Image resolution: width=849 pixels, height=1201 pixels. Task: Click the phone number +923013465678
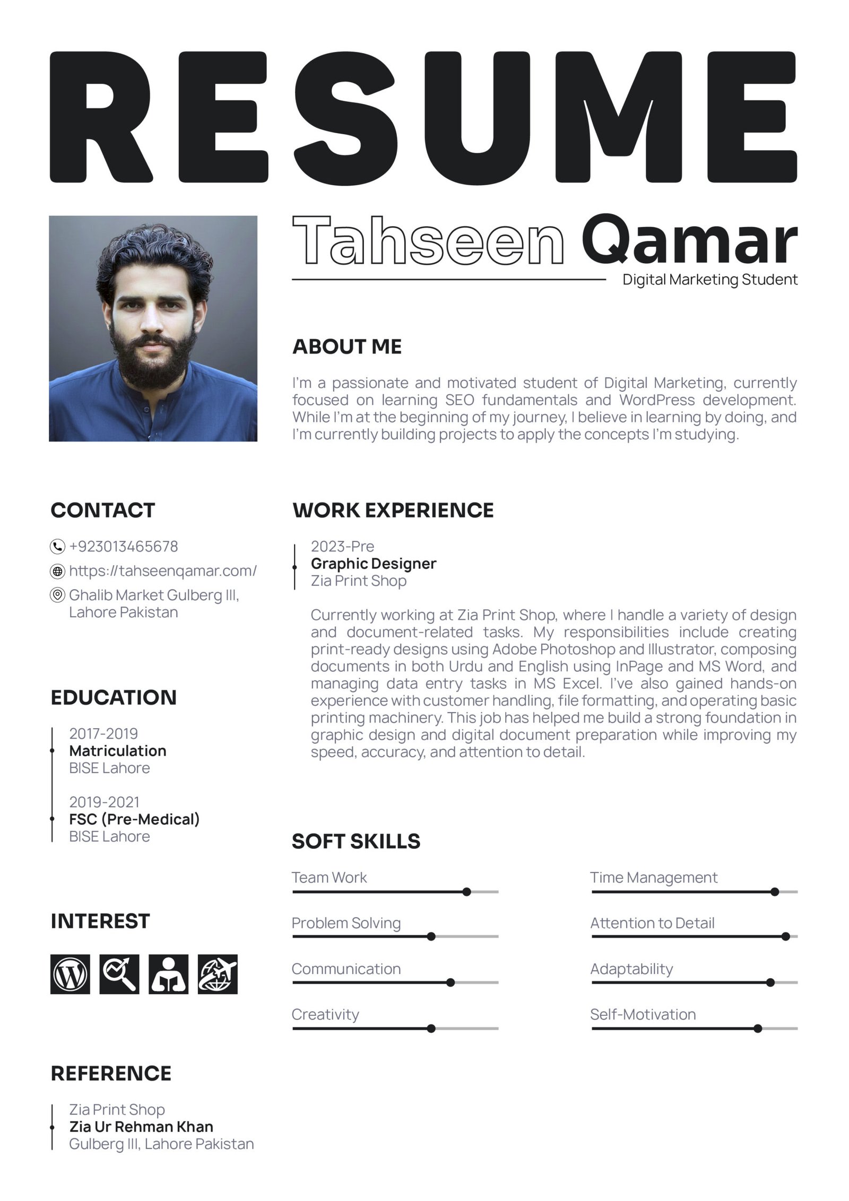click(x=123, y=546)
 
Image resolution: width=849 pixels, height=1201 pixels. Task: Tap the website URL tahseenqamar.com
click(x=162, y=571)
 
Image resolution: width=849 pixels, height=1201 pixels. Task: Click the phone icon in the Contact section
click(x=57, y=546)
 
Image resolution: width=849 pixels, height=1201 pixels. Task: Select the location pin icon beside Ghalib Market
click(x=57, y=595)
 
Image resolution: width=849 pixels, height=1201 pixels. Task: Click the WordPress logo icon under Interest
click(x=70, y=974)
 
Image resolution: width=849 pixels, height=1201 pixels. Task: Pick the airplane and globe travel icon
click(x=218, y=974)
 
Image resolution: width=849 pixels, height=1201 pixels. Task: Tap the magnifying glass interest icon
click(x=119, y=974)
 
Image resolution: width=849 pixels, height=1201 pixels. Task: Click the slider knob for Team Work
click(x=466, y=892)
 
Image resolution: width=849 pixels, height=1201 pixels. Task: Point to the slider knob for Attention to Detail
click(x=785, y=937)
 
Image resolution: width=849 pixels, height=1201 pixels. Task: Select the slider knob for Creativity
click(x=431, y=1029)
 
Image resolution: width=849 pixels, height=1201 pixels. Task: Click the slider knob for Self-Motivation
click(x=758, y=1029)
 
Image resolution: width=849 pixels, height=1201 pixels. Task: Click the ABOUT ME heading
click(x=347, y=347)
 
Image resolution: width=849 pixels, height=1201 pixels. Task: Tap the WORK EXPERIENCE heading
click(x=393, y=510)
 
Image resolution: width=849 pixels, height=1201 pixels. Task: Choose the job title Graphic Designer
click(x=373, y=563)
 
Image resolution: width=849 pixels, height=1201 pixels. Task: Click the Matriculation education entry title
click(x=117, y=750)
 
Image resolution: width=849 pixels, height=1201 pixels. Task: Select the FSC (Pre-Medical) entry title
click(x=134, y=819)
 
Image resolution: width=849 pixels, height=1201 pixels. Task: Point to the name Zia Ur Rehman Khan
click(x=141, y=1126)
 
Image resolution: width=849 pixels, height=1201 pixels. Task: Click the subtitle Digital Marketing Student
click(x=709, y=279)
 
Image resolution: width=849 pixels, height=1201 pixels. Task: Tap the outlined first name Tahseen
click(x=428, y=241)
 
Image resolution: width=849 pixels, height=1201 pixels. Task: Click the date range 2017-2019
click(x=103, y=733)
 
